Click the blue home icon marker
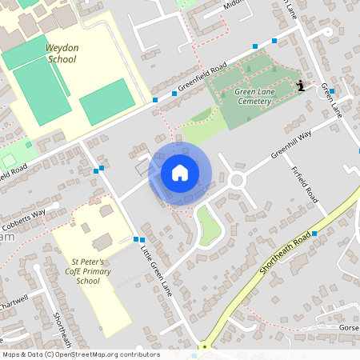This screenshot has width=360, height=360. pos(180,172)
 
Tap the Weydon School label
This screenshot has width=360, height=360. pos(62,54)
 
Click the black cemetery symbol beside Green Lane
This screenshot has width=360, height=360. pos(300,86)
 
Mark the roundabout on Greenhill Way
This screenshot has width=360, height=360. pos(236,180)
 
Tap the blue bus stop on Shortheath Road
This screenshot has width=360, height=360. pos(314,233)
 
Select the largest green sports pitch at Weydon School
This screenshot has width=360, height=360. pos(42,91)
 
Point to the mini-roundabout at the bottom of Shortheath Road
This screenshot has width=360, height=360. pos(203,347)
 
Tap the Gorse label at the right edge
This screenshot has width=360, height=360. pos(349,328)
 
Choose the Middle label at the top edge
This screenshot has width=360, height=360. pos(233,5)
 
